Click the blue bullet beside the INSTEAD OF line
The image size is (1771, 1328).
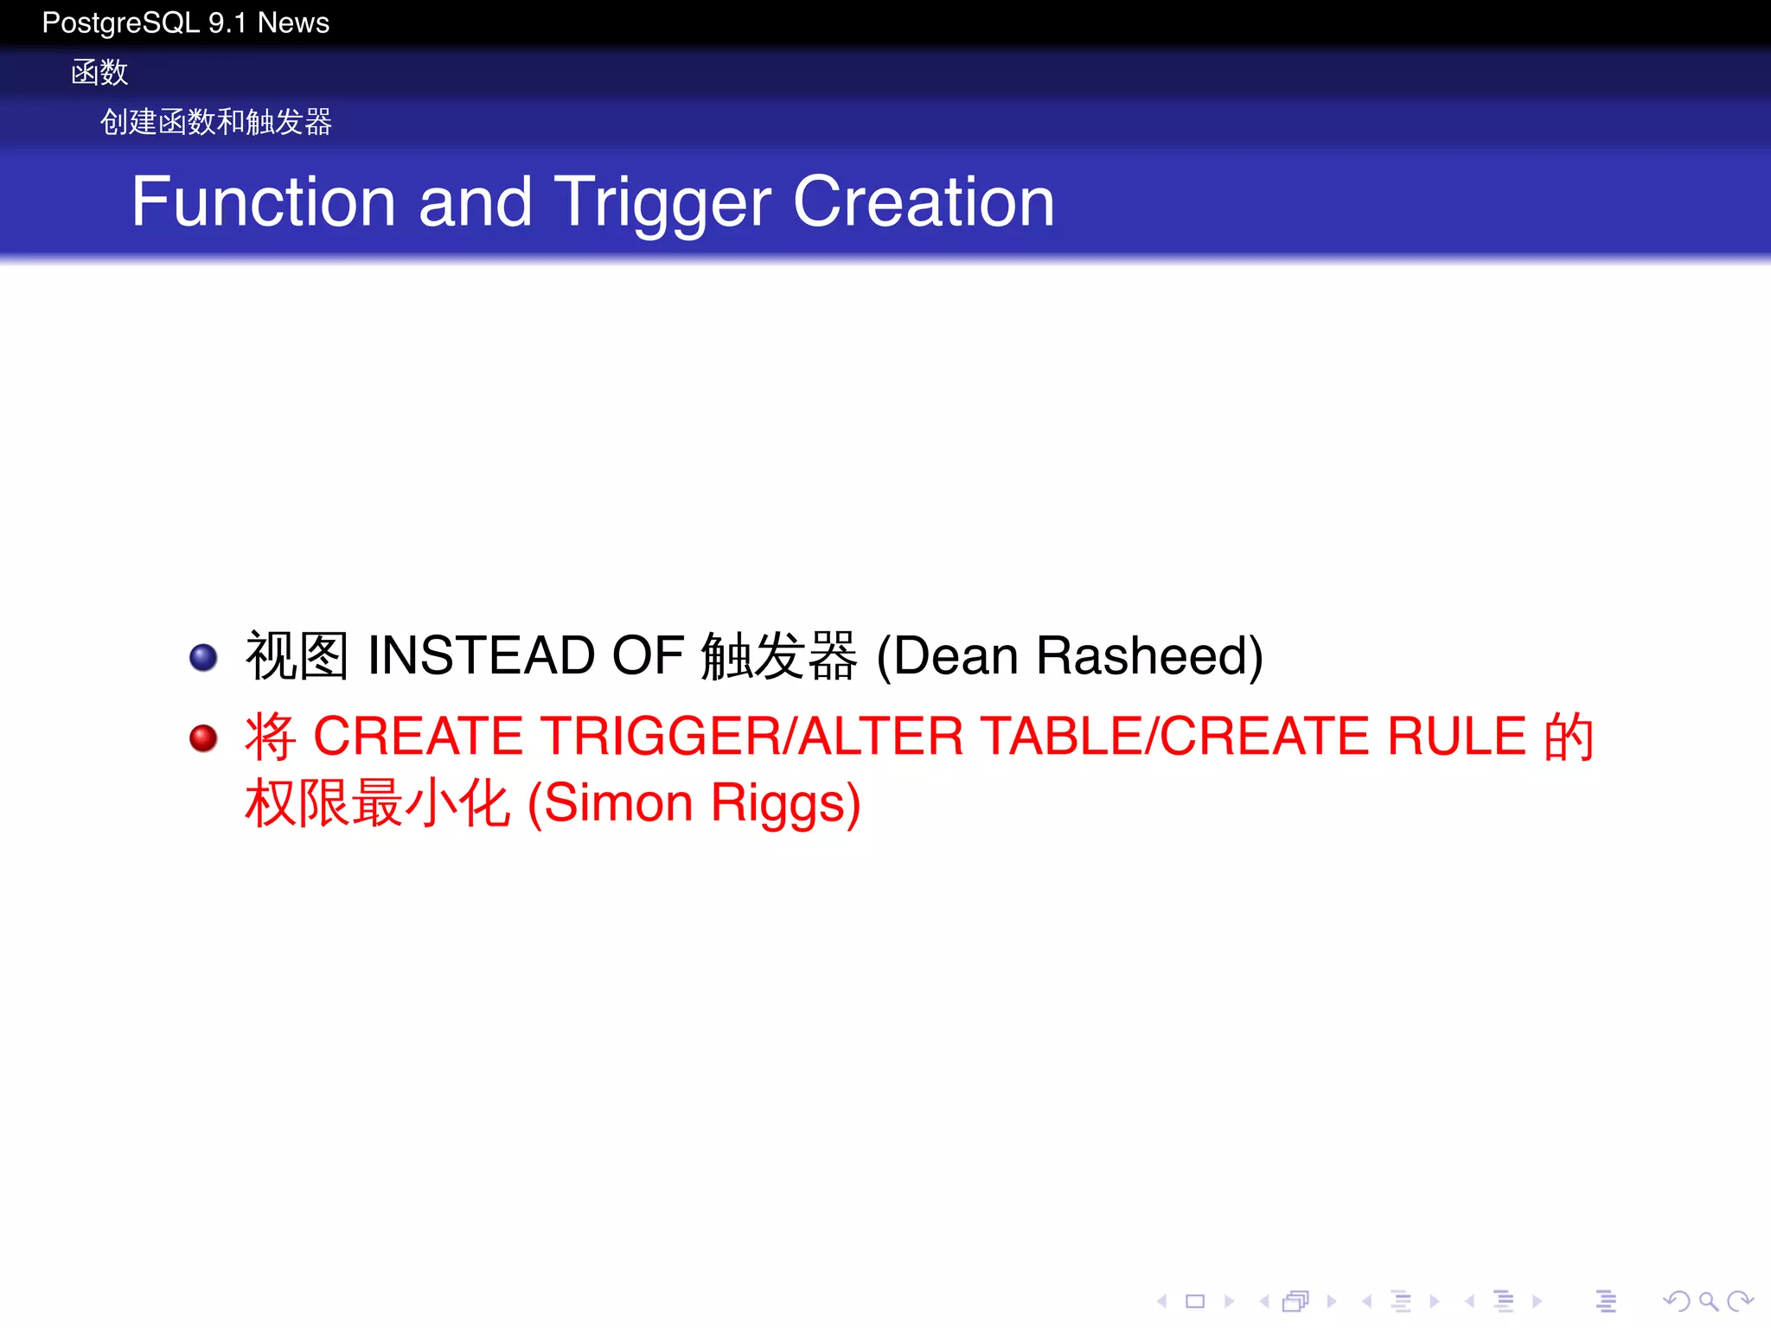tap(203, 657)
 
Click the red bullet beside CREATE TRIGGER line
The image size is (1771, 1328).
tap(203, 737)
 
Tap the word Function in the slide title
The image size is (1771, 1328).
tap(264, 201)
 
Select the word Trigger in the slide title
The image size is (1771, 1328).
tap(662, 203)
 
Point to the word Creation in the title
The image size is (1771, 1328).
tap(924, 201)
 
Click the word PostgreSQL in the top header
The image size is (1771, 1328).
tap(121, 23)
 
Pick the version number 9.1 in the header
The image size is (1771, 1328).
tap(228, 23)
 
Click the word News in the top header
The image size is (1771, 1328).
tap(293, 23)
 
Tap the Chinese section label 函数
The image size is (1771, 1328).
tap(99, 73)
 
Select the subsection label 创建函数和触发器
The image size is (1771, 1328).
tap(216, 122)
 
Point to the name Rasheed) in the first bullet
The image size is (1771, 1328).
tap(1149, 655)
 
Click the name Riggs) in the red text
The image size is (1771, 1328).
tap(785, 804)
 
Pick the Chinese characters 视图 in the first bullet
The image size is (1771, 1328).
tap(297, 655)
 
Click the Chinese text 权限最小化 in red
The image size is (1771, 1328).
tap(377, 802)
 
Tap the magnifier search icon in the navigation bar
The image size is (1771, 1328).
tap(1708, 1301)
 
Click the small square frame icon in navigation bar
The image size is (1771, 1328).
tap(1195, 1301)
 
